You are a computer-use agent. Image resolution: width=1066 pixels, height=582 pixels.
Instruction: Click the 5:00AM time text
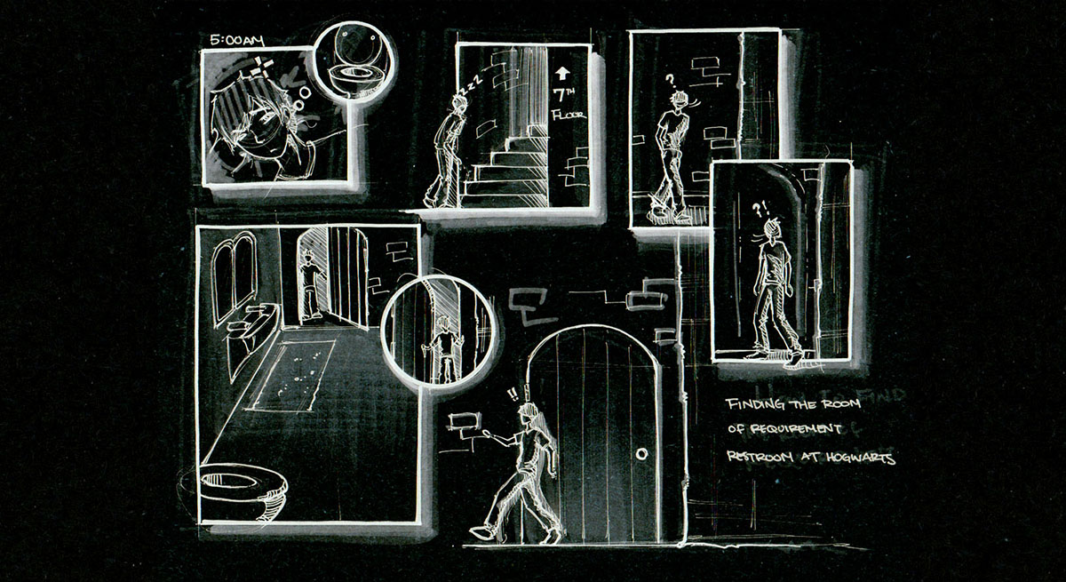[x=235, y=40]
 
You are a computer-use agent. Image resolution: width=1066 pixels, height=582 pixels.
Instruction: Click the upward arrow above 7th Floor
[x=561, y=74]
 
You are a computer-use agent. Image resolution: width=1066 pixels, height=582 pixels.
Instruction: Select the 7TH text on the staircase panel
[x=563, y=95]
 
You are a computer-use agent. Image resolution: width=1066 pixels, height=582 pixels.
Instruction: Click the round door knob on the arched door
[x=641, y=454]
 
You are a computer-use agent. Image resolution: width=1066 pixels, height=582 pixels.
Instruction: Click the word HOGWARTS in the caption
[x=859, y=458]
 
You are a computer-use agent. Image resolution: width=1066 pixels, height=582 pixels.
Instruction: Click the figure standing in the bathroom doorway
[x=310, y=284]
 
